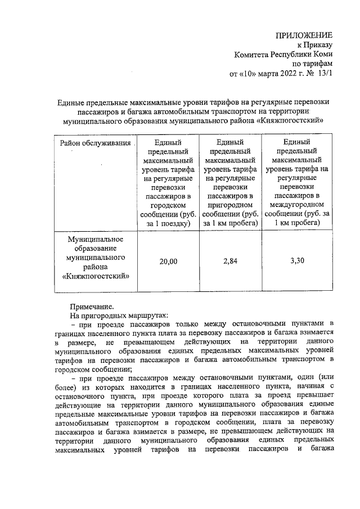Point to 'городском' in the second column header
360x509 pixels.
[168, 205]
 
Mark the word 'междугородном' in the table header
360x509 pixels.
[297, 205]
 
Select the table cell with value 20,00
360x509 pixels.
[168, 262]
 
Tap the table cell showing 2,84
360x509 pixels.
[230, 261]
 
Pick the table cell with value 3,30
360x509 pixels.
[297, 261]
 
